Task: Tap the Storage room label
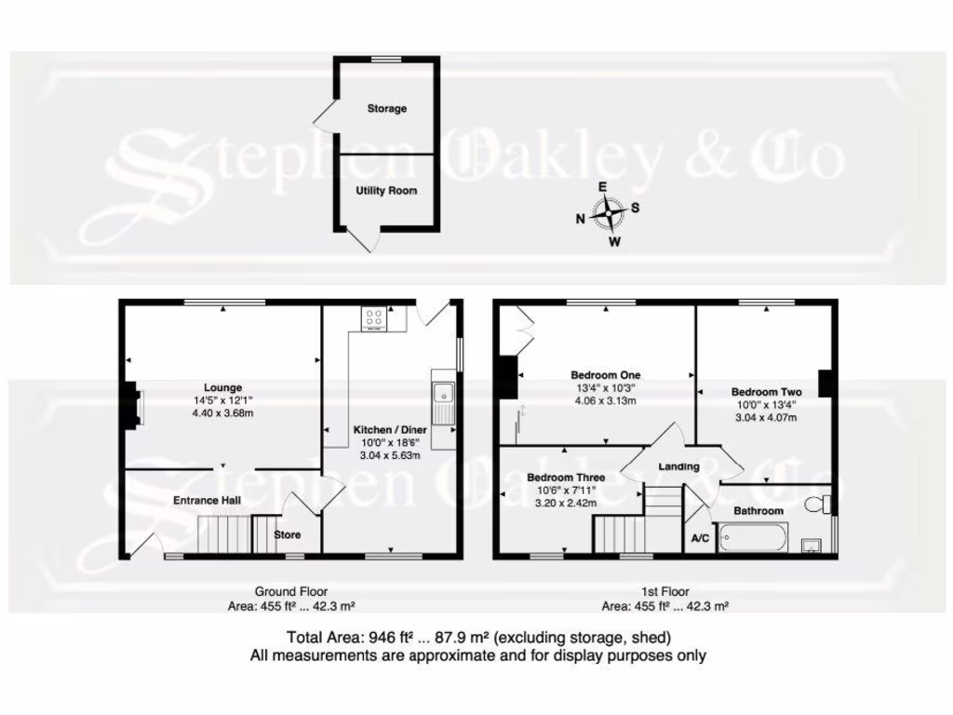tap(386, 109)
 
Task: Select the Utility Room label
tap(386, 191)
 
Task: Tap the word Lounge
tap(223, 388)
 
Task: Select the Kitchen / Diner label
tap(390, 430)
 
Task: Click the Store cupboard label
tap(289, 535)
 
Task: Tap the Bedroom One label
tap(605, 376)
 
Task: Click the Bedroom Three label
tap(566, 478)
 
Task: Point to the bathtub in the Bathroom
tap(754, 538)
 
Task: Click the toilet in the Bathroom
tap(818, 505)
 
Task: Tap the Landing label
tap(678, 466)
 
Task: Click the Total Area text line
tap(477, 638)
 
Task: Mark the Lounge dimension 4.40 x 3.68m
tap(223, 412)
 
